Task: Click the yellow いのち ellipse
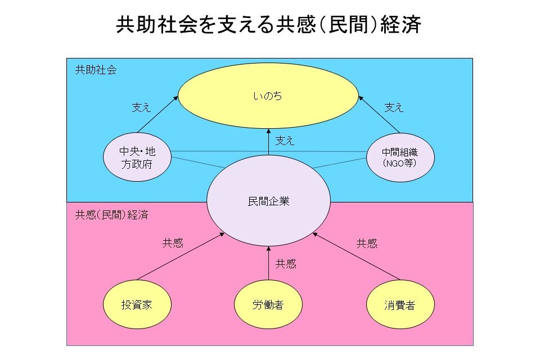click(268, 97)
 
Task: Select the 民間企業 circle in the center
click(268, 201)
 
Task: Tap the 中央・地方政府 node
click(137, 158)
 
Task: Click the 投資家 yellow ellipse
click(137, 305)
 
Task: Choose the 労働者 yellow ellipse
click(268, 305)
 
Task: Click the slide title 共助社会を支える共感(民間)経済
click(269, 25)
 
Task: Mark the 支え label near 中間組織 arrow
click(394, 107)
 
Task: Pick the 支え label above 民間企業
click(285, 141)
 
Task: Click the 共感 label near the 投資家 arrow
click(173, 243)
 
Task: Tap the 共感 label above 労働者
click(286, 263)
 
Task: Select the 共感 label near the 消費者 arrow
click(367, 243)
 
